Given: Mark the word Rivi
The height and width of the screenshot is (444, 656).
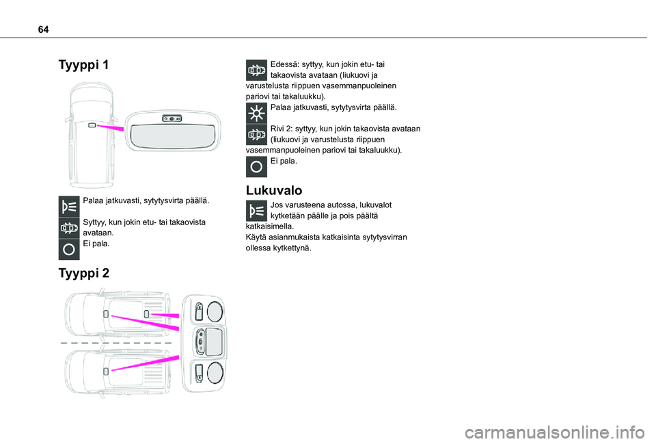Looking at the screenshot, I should (x=279, y=129).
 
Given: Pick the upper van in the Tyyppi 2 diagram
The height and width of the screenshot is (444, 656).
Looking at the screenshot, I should (x=116, y=315).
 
